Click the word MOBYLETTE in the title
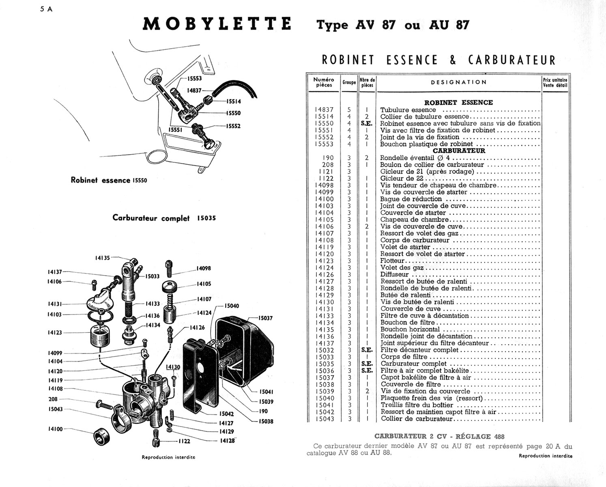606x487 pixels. click(x=217, y=24)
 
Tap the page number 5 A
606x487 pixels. click(x=46, y=9)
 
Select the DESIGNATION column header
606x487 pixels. click(x=459, y=82)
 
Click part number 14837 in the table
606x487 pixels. click(x=324, y=110)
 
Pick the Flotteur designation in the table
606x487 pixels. click(x=392, y=261)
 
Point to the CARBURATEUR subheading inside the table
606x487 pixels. click(x=459, y=151)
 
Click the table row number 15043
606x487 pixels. click(x=324, y=419)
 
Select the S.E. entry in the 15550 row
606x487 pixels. click(x=367, y=123)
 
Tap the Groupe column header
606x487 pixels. click(x=349, y=82)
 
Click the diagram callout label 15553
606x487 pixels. click(x=195, y=79)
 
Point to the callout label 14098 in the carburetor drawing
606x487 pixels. click(x=204, y=268)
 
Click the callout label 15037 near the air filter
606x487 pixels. click(x=266, y=318)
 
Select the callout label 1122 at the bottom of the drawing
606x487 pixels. click(x=184, y=441)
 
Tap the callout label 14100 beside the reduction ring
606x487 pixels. click(x=55, y=429)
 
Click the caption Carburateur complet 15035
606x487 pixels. click(x=164, y=218)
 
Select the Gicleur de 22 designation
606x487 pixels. click(x=402, y=179)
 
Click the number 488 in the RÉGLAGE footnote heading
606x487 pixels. click(x=499, y=437)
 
